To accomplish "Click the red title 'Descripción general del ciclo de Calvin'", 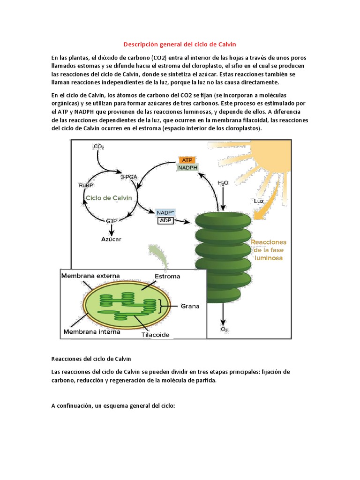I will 180,45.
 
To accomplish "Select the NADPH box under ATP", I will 187,167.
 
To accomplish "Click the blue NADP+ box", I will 165,213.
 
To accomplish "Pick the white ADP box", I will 165,220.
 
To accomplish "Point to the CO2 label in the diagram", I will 99,147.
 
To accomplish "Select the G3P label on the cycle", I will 112,220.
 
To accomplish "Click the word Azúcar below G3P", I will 112,239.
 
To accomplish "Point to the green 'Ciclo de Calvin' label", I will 109,198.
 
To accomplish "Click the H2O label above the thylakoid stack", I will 223,182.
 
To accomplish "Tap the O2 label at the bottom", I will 224,329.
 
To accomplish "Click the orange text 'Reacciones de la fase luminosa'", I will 269,250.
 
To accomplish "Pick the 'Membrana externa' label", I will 90,276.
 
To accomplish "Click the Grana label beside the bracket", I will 190,306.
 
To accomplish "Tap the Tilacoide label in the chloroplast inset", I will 155,335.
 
